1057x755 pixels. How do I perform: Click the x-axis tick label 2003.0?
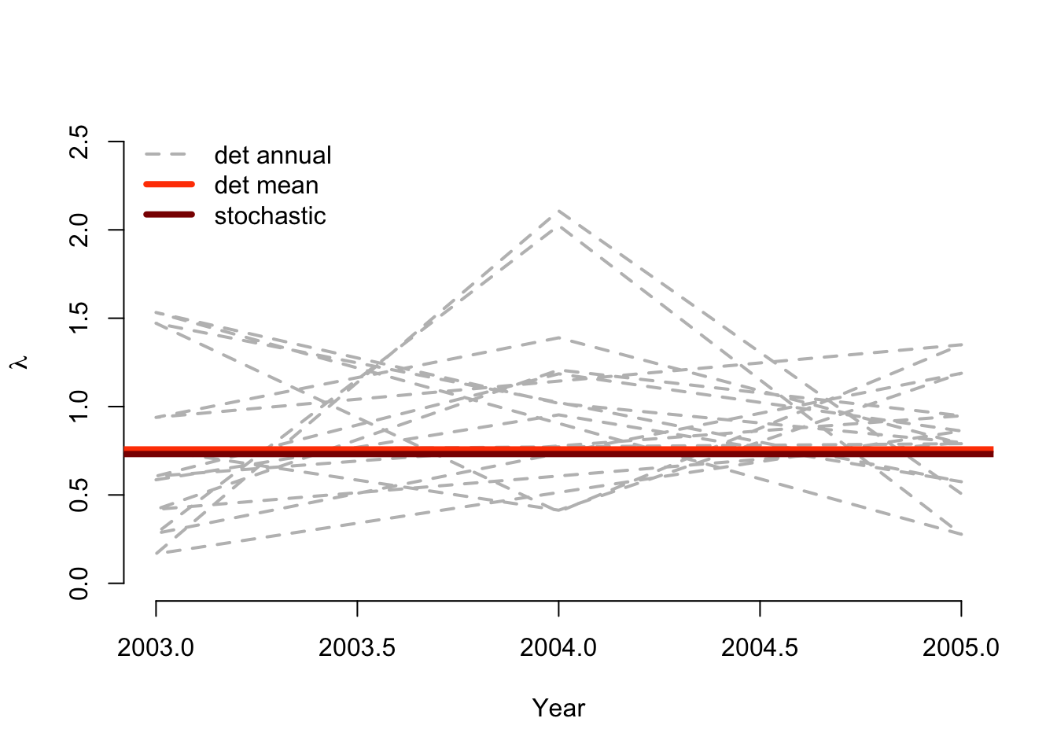pos(156,648)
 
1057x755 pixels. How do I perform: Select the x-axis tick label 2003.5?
pos(357,648)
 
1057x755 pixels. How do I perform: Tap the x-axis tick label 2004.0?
pos(558,648)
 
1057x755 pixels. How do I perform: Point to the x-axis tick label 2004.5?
pos(760,648)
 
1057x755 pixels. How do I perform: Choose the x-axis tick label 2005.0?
pos(960,648)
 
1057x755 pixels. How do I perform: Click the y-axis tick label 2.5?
pos(79,142)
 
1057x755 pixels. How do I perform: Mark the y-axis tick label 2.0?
pos(79,230)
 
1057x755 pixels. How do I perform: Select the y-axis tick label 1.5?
pos(79,318)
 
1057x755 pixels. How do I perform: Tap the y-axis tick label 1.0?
pos(79,407)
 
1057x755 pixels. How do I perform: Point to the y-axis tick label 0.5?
pos(79,495)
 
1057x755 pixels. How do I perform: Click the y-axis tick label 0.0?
pos(79,584)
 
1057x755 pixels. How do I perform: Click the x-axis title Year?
pos(558,708)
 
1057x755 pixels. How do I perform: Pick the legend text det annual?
pos(273,155)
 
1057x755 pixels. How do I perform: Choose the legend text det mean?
pos(267,186)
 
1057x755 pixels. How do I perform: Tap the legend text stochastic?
pos(270,215)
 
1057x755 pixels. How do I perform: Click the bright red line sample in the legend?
pos(169,185)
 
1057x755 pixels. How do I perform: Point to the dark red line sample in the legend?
pos(169,215)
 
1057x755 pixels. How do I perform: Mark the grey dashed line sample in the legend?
pos(169,155)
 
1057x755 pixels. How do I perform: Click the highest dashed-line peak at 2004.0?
pos(558,211)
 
